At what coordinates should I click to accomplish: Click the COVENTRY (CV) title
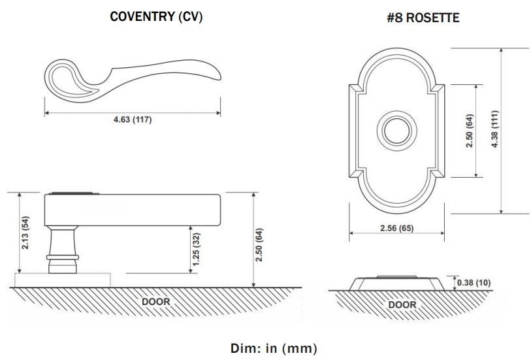point(156,17)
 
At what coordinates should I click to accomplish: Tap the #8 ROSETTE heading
point(423,18)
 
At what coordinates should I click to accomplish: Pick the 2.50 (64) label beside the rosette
point(468,131)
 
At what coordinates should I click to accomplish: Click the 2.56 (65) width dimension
point(396,228)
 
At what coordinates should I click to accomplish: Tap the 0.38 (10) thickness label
point(474,282)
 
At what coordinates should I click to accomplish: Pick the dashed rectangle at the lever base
point(63,280)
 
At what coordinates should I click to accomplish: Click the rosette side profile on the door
point(396,283)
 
